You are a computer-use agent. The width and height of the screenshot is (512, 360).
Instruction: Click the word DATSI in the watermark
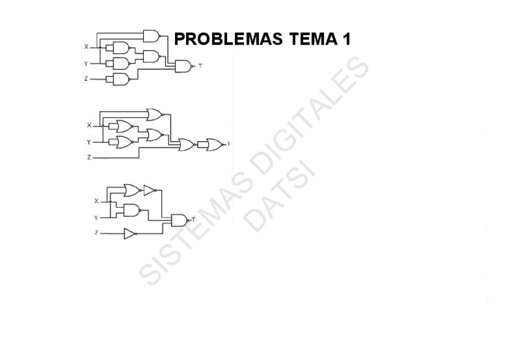click(281, 194)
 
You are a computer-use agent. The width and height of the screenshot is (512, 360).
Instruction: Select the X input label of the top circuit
click(86, 47)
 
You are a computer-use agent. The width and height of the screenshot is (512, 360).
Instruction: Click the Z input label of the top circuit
click(86, 79)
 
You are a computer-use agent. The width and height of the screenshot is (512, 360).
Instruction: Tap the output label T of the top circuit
click(200, 66)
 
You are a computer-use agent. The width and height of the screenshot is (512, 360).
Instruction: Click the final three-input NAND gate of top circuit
click(183, 66)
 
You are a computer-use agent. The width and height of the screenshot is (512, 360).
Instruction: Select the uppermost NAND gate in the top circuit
click(151, 36)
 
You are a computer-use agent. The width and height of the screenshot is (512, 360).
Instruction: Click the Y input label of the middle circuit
click(89, 143)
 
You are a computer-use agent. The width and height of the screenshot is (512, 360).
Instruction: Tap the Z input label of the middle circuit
click(89, 157)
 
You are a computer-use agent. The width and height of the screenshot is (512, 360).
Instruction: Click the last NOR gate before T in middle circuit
click(214, 144)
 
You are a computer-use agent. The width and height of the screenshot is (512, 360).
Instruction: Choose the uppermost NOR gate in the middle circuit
click(155, 114)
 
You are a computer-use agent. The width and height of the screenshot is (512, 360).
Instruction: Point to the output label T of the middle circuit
click(228, 144)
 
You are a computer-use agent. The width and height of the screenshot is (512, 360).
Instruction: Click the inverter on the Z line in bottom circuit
click(130, 233)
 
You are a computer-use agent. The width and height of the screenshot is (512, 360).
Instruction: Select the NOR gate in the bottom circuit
click(131, 190)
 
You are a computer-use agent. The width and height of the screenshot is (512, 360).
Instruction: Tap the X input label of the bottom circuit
click(96, 201)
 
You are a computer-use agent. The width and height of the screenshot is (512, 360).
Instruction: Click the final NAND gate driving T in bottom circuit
click(179, 220)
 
